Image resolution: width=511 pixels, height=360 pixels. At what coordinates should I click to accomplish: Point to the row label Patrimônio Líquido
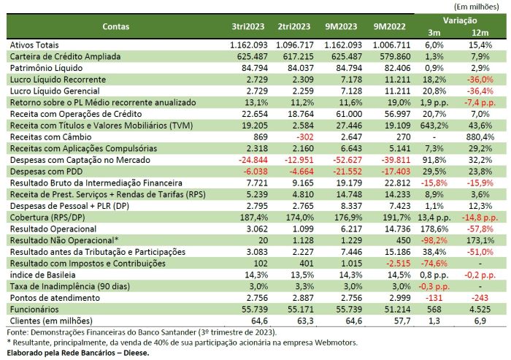pyautogui.click(x=45, y=67)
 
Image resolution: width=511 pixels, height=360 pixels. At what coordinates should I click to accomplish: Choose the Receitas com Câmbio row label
pyautogui.click(x=45, y=136)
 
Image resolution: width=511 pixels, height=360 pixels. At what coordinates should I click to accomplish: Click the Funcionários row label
pyautogui.click(x=32, y=310)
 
